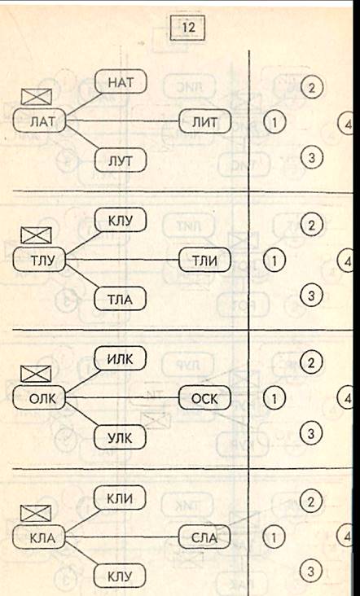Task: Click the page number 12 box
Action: click(187, 28)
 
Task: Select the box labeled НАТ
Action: click(121, 81)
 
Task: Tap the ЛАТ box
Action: click(39, 121)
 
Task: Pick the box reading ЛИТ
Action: click(205, 121)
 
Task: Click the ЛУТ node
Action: click(120, 160)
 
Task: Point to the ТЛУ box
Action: click(39, 260)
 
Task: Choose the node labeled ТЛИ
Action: click(205, 260)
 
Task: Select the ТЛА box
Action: click(120, 299)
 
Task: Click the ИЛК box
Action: click(120, 358)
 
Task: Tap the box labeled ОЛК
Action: click(39, 397)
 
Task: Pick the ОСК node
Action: click(205, 397)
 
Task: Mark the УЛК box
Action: click(120, 437)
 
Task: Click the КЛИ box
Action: click(120, 497)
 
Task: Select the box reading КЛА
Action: click(39, 537)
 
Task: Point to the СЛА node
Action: click(204, 537)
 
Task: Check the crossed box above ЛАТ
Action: click(37, 97)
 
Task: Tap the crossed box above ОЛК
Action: click(36, 374)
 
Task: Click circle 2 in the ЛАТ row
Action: click(312, 87)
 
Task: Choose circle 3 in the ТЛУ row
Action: click(311, 295)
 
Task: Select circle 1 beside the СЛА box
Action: click(274, 537)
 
